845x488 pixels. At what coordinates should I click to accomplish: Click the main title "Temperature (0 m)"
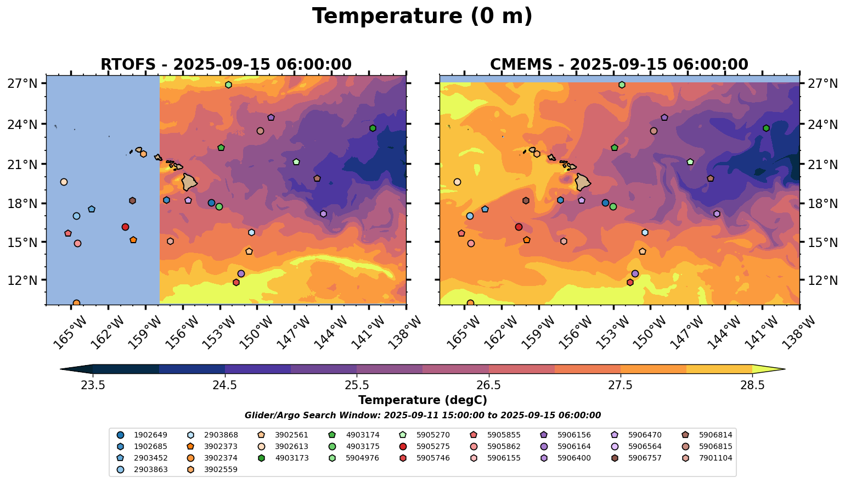tap(422, 16)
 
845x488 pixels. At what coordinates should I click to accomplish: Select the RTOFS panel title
tap(226, 65)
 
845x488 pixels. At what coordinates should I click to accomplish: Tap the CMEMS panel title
tap(619, 65)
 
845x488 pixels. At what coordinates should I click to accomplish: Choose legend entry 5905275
tap(433, 446)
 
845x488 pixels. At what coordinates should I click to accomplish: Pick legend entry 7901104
tap(716, 458)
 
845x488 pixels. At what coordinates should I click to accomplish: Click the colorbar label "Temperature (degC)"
tap(422, 400)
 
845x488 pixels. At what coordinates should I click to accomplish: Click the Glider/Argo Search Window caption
tap(422, 416)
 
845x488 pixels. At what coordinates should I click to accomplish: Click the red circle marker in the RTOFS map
tap(125, 227)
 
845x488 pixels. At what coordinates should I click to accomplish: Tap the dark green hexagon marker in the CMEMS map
tap(766, 128)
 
